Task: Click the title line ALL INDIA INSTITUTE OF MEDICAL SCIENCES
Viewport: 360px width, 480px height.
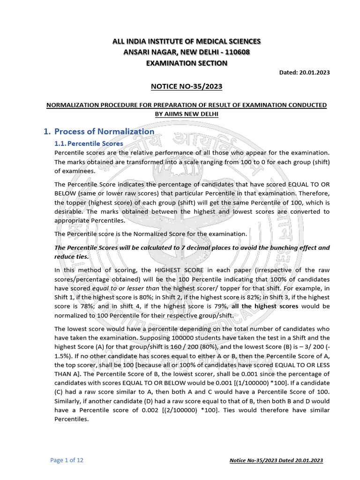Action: click(x=186, y=42)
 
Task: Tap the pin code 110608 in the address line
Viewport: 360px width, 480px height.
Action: click(x=237, y=52)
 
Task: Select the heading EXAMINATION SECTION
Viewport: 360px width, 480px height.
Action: click(x=186, y=63)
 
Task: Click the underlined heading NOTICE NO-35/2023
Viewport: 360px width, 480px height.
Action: click(x=186, y=86)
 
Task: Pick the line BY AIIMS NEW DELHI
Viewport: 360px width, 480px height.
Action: click(x=186, y=114)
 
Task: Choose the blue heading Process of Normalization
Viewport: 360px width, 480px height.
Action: click(x=104, y=131)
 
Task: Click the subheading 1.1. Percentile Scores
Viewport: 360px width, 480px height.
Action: click(x=89, y=143)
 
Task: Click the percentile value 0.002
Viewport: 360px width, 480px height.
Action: click(x=135, y=411)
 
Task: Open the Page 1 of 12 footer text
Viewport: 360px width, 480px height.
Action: click(x=67, y=460)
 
